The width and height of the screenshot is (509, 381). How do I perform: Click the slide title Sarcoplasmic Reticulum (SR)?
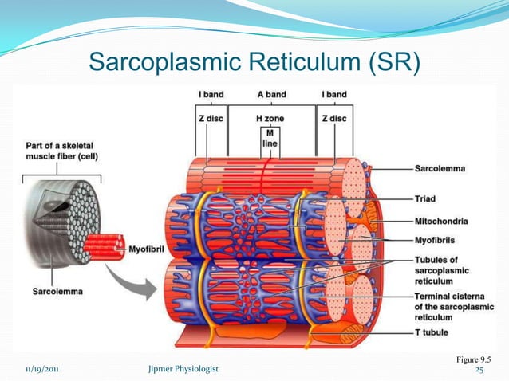click(x=254, y=60)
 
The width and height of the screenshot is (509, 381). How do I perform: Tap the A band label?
click(x=271, y=95)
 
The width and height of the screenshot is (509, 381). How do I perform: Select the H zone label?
click(x=270, y=119)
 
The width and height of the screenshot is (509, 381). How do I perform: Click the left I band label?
click(x=211, y=95)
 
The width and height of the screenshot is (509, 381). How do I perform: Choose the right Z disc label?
click(x=333, y=119)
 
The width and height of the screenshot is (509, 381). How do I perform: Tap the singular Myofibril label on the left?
click(x=148, y=249)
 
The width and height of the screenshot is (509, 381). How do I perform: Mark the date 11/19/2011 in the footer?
click(x=40, y=370)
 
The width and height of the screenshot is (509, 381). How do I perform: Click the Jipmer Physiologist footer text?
click(x=183, y=370)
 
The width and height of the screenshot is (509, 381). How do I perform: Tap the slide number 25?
click(x=479, y=370)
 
